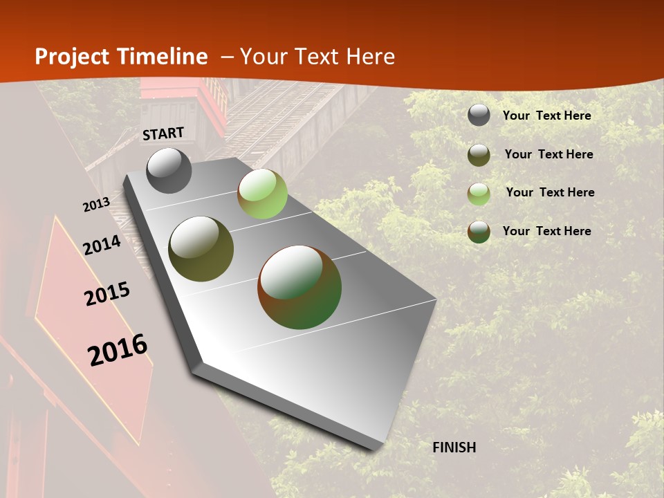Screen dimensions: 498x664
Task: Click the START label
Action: click(163, 133)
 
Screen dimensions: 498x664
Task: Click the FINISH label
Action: click(454, 448)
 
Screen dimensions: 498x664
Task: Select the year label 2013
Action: click(96, 205)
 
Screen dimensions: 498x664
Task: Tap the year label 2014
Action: click(102, 246)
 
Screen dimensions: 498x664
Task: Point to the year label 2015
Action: click(107, 294)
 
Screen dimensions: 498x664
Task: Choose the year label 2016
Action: click(118, 350)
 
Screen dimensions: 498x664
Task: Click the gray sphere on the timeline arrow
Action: click(169, 170)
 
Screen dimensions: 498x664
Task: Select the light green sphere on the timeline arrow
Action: click(262, 193)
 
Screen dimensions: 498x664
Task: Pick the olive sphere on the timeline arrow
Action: click(201, 249)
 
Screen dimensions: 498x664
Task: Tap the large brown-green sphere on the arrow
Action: click(299, 286)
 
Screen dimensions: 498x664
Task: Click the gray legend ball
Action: click(479, 115)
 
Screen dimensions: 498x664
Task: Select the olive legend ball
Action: click(479, 155)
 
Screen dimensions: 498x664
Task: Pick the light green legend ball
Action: click(479, 194)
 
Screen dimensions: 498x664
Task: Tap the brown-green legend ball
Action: click(479, 232)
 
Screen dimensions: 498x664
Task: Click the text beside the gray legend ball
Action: click(546, 116)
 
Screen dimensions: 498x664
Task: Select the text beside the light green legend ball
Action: click(550, 192)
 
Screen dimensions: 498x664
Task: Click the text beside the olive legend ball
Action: click(548, 154)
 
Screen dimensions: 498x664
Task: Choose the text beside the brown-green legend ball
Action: click(546, 231)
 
